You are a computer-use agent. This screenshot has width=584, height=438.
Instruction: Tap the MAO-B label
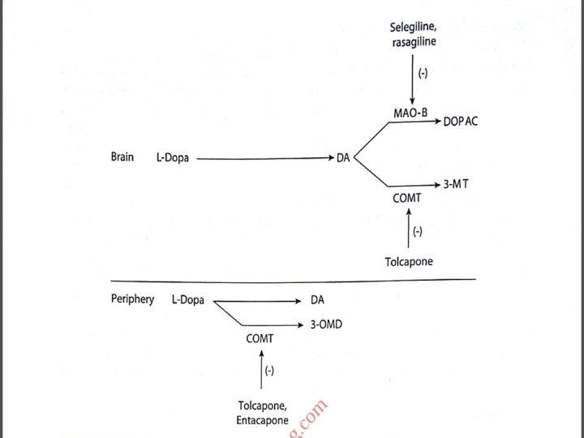point(410,113)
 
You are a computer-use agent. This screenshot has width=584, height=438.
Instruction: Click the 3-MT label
point(456,184)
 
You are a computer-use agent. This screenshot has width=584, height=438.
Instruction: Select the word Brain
point(122,157)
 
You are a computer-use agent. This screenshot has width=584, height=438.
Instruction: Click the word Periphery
point(132,299)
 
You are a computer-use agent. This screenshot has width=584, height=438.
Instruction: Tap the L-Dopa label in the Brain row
point(173,158)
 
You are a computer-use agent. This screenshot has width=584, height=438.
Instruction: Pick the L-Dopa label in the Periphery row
point(187,300)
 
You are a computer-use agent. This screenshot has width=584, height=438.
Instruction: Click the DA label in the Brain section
point(343,158)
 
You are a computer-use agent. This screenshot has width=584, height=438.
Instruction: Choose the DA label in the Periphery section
point(317,300)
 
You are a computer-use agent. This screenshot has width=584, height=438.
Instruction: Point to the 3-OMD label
point(325,324)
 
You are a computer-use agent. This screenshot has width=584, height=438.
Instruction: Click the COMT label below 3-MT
point(407,198)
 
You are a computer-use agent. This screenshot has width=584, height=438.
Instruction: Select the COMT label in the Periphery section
point(260,339)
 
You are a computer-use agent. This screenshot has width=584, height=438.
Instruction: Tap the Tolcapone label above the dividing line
point(409,261)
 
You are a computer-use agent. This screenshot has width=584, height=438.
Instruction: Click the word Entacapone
point(262,420)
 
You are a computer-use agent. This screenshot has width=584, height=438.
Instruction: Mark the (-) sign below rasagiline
point(423,74)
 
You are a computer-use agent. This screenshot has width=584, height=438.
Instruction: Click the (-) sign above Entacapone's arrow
point(269,371)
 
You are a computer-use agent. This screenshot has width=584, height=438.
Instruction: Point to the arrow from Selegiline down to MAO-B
point(412,81)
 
